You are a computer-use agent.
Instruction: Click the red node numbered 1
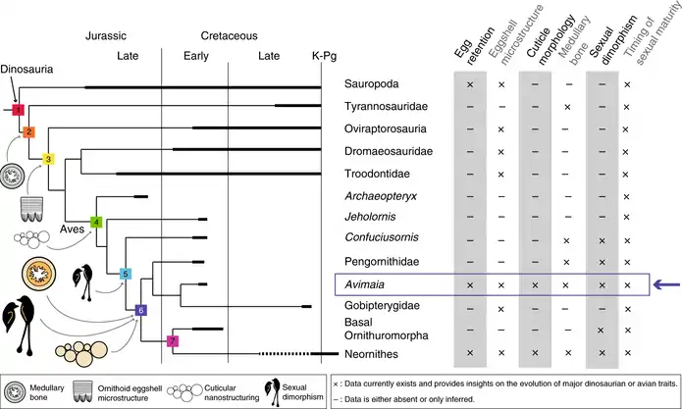[x=19, y=110]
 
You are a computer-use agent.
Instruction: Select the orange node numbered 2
[x=28, y=132]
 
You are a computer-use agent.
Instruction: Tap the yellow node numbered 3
[x=48, y=159]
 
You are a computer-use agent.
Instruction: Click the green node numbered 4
[x=96, y=222]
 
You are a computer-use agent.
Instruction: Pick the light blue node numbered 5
[x=126, y=274]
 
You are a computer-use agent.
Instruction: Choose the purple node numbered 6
[x=140, y=310]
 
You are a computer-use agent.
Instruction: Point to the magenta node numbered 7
[x=173, y=340]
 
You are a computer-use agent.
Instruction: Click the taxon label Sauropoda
[x=372, y=84]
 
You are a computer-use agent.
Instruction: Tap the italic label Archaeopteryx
[x=381, y=196]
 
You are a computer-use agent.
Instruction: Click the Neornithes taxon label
[x=371, y=354]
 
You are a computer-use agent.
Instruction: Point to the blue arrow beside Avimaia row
[x=667, y=285]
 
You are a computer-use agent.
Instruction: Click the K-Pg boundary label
[x=324, y=56]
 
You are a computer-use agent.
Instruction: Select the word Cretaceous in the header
[x=230, y=35]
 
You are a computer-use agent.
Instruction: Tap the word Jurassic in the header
[x=106, y=35]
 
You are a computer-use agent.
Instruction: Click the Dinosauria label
[x=26, y=69]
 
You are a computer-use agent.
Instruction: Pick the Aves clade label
[x=73, y=230]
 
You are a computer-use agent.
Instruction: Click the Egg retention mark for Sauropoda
[x=470, y=84]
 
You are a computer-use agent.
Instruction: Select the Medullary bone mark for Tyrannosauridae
[x=567, y=107]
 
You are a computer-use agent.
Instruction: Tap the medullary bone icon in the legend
[x=15, y=392]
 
